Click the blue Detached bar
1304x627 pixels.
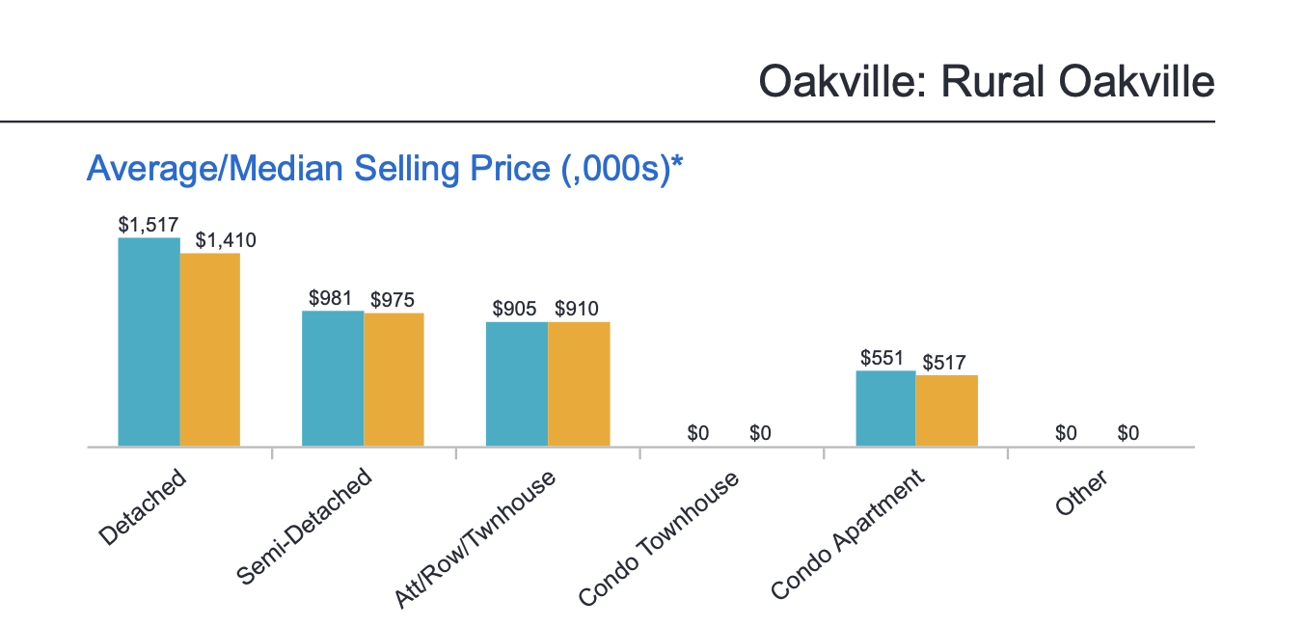[x=149, y=342]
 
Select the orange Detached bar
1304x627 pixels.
[x=210, y=350]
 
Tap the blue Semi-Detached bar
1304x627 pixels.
[x=333, y=379]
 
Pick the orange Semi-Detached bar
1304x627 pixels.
[x=394, y=380]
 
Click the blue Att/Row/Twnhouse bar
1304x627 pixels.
[x=517, y=384]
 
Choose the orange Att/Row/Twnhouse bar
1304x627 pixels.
[x=579, y=384]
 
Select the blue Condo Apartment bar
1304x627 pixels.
[x=885, y=409]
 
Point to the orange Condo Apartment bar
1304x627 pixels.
[x=947, y=411]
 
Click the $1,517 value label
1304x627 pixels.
[x=149, y=225]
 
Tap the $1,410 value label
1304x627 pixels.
[x=226, y=240]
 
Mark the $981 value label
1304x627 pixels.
[x=332, y=298]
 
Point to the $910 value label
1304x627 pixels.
[x=577, y=310]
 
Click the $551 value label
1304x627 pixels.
[x=883, y=358]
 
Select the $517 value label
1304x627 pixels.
[x=944, y=364]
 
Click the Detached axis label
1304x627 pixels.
[x=142, y=507]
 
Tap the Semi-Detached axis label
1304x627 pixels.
[x=304, y=527]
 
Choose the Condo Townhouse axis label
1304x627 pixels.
[x=659, y=539]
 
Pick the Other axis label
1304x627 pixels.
[x=1081, y=493]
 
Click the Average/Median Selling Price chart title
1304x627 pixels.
[x=385, y=169]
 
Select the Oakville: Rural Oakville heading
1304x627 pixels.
[x=986, y=81]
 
